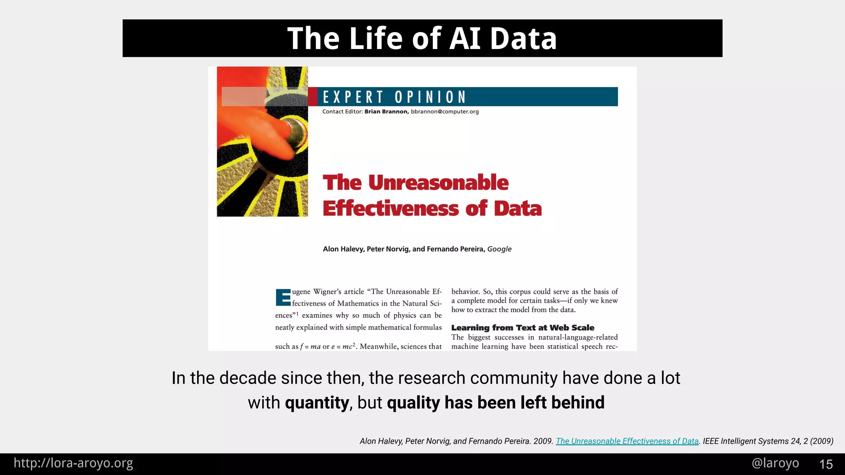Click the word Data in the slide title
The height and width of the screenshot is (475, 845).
click(523, 38)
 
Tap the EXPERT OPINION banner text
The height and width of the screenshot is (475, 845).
click(394, 97)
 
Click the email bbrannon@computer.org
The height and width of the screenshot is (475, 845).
click(444, 112)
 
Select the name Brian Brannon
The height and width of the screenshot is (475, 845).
click(386, 112)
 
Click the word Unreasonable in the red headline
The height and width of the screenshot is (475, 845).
click(438, 183)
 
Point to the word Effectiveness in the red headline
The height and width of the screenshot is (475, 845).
click(390, 209)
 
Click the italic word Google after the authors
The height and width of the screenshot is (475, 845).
click(499, 249)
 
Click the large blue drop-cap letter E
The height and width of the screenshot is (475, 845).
click(283, 297)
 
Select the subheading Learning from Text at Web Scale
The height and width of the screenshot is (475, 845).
click(522, 328)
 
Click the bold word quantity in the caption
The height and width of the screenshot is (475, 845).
click(317, 403)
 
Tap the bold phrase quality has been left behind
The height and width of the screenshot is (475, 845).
click(496, 403)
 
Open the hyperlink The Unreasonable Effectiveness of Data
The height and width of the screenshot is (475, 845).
click(627, 441)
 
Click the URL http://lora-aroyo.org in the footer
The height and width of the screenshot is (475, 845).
click(73, 463)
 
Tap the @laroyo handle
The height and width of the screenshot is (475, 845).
click(775, 463)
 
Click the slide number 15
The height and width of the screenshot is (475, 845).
click(826, 464)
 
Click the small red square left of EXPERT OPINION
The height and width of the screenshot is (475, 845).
click(313, 97)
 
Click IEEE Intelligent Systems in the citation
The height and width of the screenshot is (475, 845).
click(745, 441)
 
